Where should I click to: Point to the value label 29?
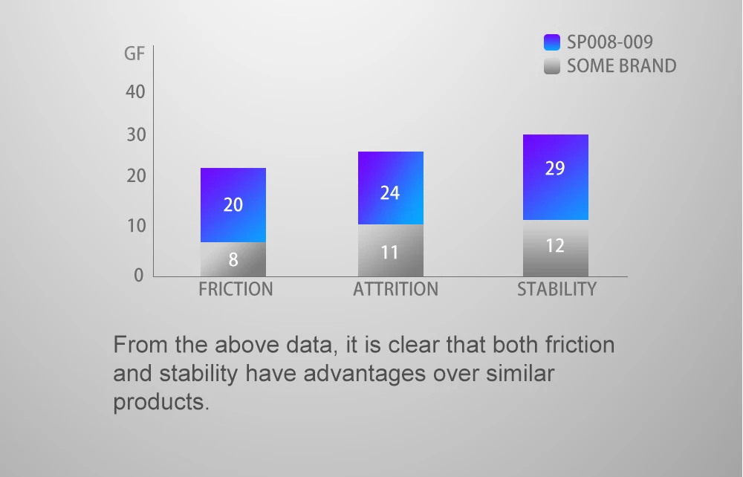[555, 169]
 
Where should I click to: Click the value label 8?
[233, 260]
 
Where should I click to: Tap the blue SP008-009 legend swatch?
[552, 42]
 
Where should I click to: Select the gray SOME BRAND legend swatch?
[552, 66]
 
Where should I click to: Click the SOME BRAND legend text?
[621, 66]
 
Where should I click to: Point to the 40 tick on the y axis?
[134, 92]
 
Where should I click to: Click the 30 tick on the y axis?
[134, 135]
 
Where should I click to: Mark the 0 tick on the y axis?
[138, 275]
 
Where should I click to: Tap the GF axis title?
[134, 54]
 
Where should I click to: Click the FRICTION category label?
[236, 289]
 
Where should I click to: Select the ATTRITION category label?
[395, 289]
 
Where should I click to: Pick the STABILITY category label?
[557, 289]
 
